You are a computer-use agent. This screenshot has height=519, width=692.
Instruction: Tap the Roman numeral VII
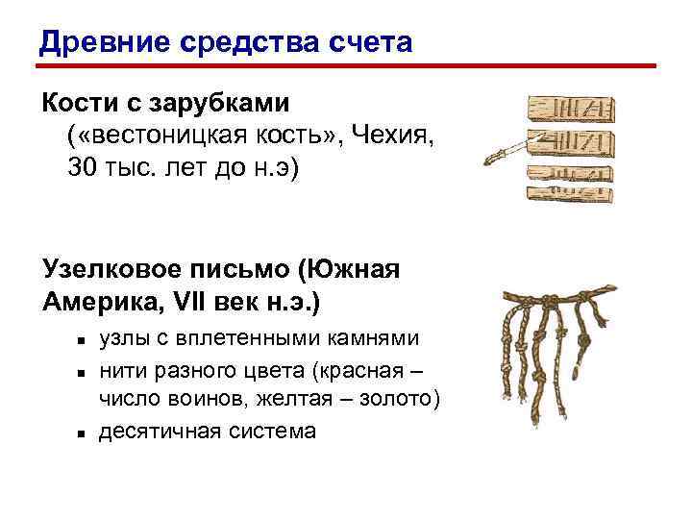[197, 301]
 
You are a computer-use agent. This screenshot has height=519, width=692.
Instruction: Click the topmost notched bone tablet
[573, 107]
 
